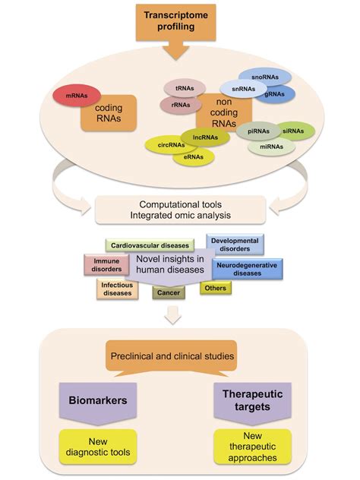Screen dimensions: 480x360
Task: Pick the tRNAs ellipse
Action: [x=182, y=87]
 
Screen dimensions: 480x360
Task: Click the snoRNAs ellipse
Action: [x=262, y=78]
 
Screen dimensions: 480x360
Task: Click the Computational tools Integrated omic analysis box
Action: [x=180, y=210]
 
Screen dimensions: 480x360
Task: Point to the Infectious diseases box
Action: [x=116, y=289]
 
